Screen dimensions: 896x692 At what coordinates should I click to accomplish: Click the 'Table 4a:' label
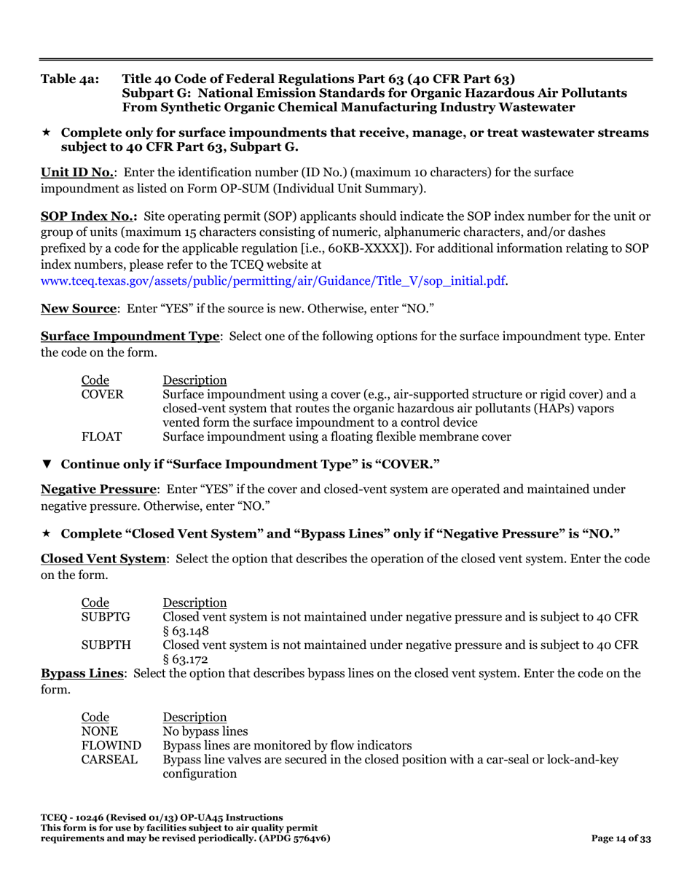(x=70, y=79)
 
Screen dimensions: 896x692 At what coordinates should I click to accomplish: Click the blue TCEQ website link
(x=274, y=280)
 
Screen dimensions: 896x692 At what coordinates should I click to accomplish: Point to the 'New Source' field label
(x=79, y=308)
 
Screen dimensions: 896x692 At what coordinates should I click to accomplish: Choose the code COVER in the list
(x=102, y=395)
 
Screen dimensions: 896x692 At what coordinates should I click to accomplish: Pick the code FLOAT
(x=101, y=437)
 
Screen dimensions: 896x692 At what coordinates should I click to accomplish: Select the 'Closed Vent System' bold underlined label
(x=103, y=559)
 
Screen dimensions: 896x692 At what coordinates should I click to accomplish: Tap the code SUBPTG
(x=106, y=617)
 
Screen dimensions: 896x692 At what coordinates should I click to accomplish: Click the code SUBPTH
(x=106, y=645)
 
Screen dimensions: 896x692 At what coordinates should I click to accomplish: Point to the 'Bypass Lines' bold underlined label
(x=82, y=673)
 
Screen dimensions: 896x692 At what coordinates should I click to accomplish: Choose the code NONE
(x=99, y=731)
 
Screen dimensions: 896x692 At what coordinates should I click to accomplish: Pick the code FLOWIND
(x=111, y=745)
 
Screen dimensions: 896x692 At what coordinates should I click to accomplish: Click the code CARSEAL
(x=109, y=760)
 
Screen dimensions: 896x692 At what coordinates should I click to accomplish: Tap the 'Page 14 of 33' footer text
(x=621, y=838)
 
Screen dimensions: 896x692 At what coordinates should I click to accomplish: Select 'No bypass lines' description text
(x=205, y=731)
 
